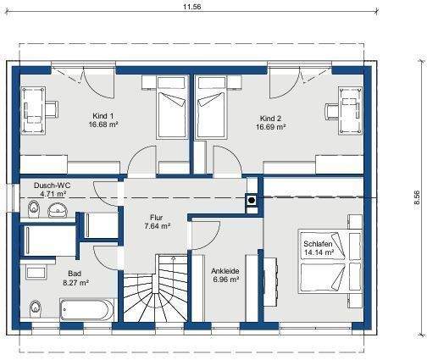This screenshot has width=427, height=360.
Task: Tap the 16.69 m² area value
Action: click(270, 126)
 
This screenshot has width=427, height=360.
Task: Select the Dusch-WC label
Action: click(52, 185)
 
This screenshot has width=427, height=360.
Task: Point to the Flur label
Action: click(157, 217)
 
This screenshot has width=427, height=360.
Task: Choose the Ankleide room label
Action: click(225, 271)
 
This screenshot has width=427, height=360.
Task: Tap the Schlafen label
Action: click(319, 244)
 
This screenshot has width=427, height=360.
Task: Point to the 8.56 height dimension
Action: click(416, 197)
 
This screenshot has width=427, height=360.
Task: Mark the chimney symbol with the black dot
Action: click(251, 201)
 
